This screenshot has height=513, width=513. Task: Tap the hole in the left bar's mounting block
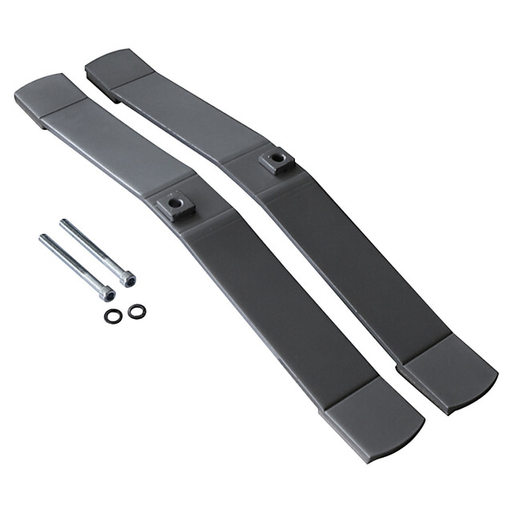point(176,205)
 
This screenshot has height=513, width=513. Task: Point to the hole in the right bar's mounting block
point(277,159)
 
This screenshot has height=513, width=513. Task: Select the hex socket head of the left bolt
point(107,294)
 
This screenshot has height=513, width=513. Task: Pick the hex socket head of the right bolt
point(127,279)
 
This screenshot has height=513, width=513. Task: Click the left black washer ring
point(113,316)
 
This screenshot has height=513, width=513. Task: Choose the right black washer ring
point(137,311)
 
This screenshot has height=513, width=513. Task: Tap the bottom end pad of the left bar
point(372,422)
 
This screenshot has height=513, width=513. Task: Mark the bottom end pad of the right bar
point(449,373)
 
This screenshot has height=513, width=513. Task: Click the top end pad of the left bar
point(45,96)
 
